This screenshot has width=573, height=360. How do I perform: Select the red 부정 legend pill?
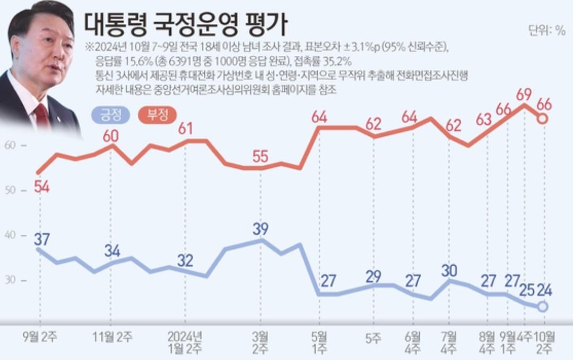click(x=157, y=114)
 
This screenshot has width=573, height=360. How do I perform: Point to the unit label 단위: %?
click(x=546, y=30)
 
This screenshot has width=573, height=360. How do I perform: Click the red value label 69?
click(x=524, y=95)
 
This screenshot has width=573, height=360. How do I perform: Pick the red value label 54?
click(x=42, y=186)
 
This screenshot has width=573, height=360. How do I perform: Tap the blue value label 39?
click(x=261, y=229)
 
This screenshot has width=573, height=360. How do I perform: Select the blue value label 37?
click(x=42, y=239)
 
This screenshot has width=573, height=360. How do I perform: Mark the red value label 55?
click(x=261, y=157)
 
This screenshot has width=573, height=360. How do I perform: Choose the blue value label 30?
click(x=449, y=270)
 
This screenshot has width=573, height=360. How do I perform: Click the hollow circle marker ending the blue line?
click(x=542, y=306)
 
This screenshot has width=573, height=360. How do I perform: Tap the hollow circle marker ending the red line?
click(x=542, y=119)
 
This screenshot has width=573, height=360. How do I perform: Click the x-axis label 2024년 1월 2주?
click(x=185, y=342)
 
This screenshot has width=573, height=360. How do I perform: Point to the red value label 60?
click(x=110, y=135)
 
